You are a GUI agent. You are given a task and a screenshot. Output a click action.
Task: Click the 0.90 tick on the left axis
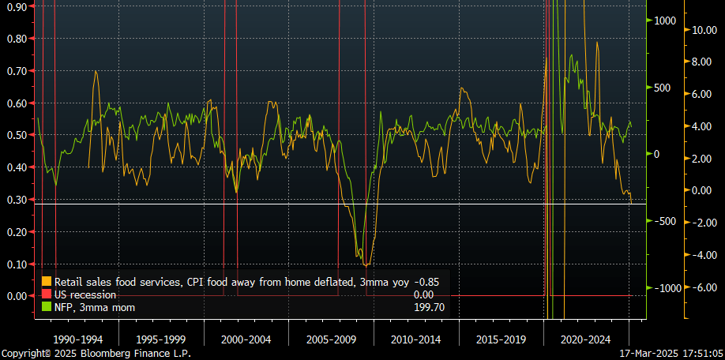[15, 6]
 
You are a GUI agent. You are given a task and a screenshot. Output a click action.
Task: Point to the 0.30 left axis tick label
[15, 200]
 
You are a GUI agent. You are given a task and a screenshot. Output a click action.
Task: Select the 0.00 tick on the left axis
[15, 296]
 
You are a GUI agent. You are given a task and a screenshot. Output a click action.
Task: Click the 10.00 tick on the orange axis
[703, 30]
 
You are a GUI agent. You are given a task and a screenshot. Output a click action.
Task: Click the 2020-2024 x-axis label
[584, 339]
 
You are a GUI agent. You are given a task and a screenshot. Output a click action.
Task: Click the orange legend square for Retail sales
[47, 281]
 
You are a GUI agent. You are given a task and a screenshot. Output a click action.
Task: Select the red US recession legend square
[47, 294]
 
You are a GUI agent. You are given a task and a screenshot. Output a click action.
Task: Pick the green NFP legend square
[47, 307]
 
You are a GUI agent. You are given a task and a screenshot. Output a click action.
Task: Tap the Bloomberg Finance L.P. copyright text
[96, 354]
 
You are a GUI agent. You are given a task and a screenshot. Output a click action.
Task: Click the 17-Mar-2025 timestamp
[671, 354]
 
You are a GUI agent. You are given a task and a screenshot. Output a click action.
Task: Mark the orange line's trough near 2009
[365, 264]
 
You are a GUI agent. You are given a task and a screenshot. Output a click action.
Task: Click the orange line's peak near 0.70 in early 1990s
[96, 71]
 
